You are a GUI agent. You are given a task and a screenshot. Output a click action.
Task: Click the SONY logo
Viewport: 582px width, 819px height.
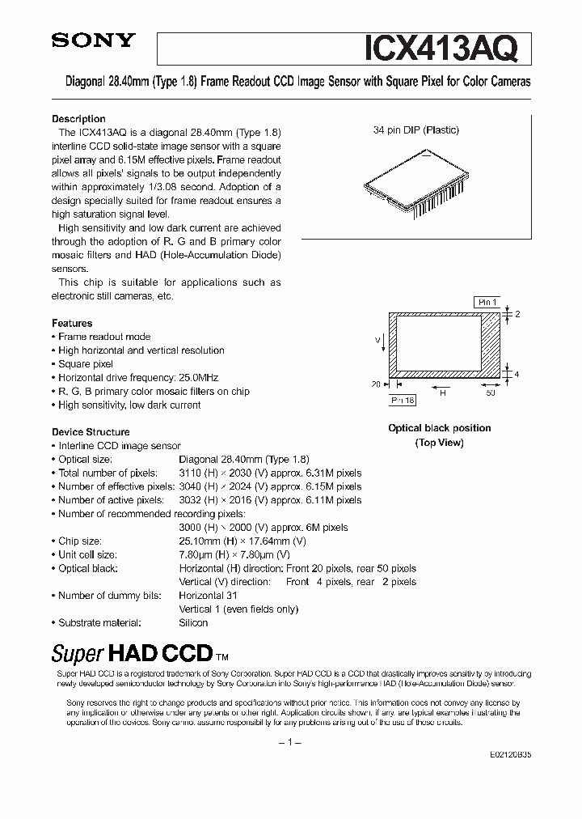point(94,41)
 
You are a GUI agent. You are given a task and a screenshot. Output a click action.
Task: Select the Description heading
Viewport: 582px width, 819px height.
point(78,119)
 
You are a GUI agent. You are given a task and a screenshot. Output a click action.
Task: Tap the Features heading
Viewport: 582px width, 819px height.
point(72,323)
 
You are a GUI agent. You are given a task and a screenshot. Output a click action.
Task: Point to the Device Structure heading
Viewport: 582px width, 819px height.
point(91,432)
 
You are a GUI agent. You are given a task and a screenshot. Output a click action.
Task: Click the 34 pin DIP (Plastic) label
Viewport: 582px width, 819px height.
point(416,129)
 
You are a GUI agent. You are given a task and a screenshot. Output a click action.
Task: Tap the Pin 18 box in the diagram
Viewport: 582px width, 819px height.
point(403,399)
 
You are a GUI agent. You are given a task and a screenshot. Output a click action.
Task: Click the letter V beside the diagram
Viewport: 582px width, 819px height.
point(377,341)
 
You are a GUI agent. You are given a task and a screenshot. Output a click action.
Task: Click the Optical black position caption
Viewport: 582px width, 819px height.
point(440,428)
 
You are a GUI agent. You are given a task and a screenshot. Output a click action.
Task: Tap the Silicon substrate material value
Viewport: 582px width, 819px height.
point(193,622)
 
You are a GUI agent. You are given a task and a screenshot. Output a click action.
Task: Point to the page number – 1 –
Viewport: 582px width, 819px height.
point(290,742)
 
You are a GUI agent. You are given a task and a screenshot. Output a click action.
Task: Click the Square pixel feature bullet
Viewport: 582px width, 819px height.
point(86,364)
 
